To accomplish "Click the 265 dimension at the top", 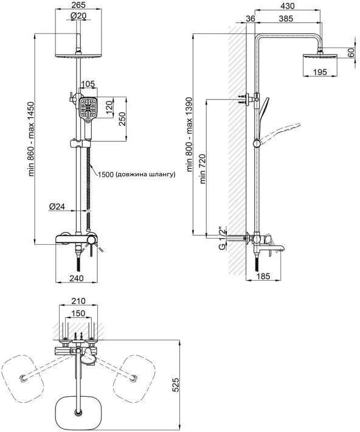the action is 78,5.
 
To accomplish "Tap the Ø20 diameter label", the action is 78,16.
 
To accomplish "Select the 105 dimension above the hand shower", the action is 88,84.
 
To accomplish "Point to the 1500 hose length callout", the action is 137,174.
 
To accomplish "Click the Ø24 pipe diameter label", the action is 57,206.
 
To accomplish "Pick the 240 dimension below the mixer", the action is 77,278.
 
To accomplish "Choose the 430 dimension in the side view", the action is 286,5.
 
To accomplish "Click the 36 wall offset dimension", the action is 251,18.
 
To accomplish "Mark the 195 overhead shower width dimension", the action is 320,72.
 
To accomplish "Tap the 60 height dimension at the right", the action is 351,53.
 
